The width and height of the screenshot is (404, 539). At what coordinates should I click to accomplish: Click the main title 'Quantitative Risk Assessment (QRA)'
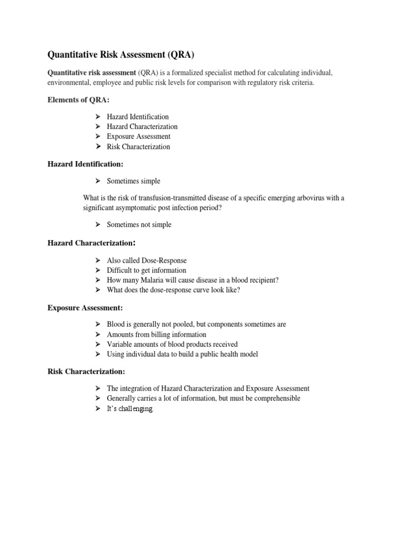(x=124, y=54)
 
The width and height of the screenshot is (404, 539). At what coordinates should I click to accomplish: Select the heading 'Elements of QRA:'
(x=79, y=100)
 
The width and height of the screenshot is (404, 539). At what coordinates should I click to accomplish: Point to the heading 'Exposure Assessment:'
(x=85, y=307)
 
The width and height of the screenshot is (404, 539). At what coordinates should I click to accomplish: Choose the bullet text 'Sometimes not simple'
(x=139, y=225)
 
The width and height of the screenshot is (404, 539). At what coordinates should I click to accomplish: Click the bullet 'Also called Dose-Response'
(x=146, y=261)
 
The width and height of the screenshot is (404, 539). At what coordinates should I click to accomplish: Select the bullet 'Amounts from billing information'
(x=156, y=335)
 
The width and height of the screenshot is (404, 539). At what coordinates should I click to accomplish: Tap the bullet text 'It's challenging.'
(x=130, y=409)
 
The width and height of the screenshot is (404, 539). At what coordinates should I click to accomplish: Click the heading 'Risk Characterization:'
(x=86, y=372)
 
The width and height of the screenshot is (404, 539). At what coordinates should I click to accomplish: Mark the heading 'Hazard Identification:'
(x=85, y=164)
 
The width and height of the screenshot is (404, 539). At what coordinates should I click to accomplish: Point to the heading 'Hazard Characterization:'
(x=92, y=243)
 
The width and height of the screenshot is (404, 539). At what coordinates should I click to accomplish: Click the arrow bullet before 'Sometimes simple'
(x=98, y=181)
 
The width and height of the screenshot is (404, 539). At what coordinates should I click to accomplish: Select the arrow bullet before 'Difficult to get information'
(x=98, y=271)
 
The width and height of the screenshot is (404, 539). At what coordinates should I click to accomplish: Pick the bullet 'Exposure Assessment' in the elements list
(x=138, y=137)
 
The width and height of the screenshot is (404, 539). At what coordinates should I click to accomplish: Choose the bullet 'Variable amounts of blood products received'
(x=172, y=345)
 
